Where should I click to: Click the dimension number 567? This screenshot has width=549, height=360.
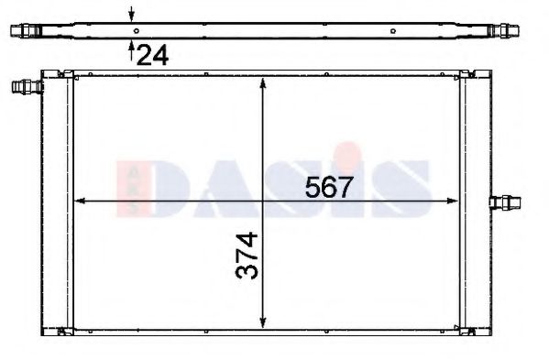pos(329,187)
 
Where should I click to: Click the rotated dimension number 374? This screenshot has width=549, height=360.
pos(247,256)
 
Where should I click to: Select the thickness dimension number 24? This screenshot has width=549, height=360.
pos(153,55)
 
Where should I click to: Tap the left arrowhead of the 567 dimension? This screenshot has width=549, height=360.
pos(80,201)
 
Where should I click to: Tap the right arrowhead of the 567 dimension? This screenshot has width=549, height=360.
pos(453,201)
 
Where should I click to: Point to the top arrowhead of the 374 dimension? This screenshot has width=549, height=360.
pos(263,83)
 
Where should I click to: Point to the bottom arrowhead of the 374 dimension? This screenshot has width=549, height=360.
pos(263,322)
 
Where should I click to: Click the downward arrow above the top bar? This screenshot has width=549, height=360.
pos(131,14)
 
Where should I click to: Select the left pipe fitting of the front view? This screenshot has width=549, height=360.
pos(27,86)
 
